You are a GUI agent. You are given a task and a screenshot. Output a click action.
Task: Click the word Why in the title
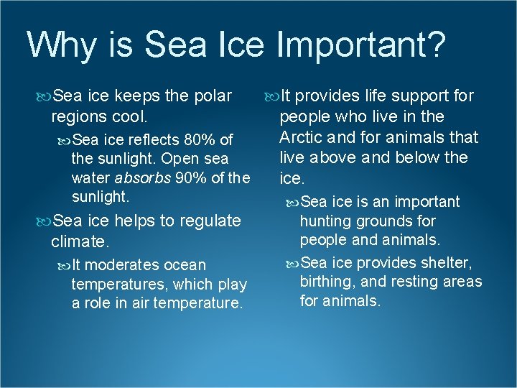pos(61,45)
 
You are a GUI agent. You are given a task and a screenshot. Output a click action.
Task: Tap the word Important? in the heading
pos(360,46)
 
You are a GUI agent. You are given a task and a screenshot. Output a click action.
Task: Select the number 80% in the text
pos(199,139)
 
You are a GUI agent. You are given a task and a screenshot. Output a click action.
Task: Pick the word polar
pos(213,96)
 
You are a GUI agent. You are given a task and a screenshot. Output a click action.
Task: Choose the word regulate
pos(209,221)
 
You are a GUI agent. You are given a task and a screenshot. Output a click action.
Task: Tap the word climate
pos(80,242)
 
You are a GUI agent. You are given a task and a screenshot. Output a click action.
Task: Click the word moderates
pos(126,265)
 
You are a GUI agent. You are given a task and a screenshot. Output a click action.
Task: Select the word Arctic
pos(301,137)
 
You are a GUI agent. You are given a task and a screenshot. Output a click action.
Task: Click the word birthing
pos(329,282)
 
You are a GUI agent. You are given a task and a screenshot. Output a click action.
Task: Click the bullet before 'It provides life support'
pos(271,96)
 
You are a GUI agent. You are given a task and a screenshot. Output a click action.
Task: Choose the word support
pos(416,96)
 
